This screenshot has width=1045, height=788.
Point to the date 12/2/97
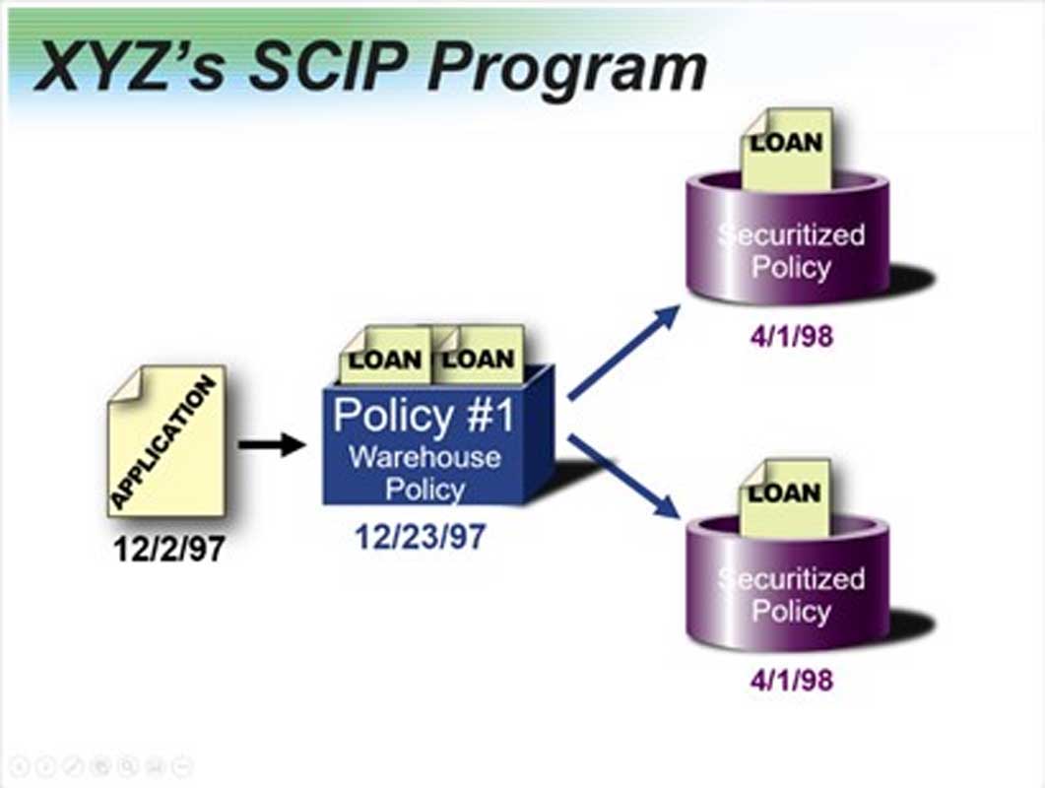pos(167,548)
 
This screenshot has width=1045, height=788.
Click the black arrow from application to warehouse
pos(272,444)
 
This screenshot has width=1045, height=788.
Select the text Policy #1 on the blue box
pos(424,416)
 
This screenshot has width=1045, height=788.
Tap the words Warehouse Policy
pos(425,473)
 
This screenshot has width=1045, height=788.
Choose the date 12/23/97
pos(421,538)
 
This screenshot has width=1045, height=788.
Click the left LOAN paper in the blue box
pos(385,358)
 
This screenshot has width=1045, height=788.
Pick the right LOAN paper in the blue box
pos(479,357)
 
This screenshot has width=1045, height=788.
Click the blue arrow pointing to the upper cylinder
pos(624,351)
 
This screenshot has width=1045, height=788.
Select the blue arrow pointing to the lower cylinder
pos(624,477)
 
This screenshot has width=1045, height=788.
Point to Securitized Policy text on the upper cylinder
pos(791,251)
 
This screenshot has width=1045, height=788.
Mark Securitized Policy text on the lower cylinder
pos(791,594)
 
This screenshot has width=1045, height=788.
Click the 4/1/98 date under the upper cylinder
pos(791,336)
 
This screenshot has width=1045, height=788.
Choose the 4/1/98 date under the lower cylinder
pos(791,680)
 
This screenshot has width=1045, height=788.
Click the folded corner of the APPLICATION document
pos(122,381)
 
